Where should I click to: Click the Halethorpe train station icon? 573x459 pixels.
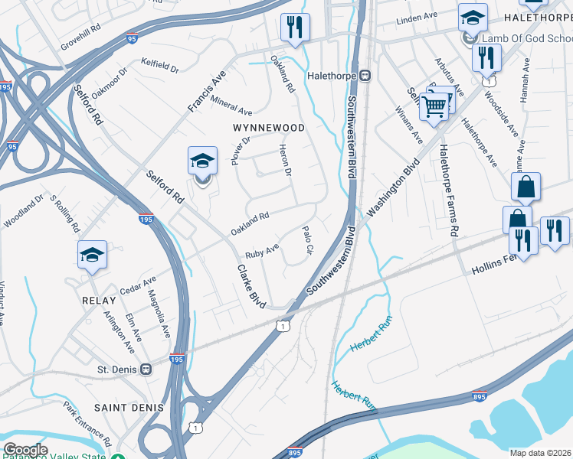(365, 75)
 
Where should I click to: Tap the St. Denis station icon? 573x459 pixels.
(146, 369)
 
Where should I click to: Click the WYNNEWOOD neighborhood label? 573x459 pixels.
(270, 128)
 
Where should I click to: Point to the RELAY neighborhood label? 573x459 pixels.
(99, 301)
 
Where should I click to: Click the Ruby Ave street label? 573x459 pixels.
(261, 251)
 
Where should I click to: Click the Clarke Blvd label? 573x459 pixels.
(251, 287)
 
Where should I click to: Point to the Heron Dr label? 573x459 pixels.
(286, 161)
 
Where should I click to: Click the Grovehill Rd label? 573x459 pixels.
(83, 37)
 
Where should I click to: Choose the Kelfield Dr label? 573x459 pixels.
(159, 67)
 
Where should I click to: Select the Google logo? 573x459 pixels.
(25, 449)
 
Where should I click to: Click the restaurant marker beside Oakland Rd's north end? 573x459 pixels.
(294, 28)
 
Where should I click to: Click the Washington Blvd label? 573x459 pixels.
(394, 188)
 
